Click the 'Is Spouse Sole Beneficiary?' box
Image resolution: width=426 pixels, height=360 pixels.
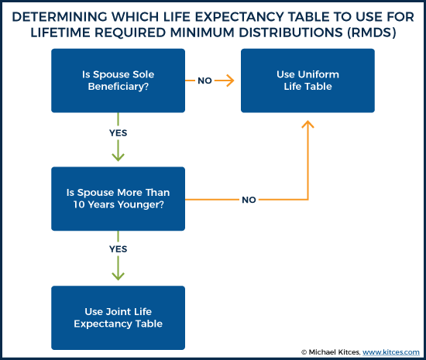[x=119, y=81]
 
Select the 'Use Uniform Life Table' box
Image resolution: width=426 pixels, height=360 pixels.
[x=307, y=81]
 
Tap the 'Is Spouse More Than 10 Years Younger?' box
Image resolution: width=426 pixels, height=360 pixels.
[x=119, y=199]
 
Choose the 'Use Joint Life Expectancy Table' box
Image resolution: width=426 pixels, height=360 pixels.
[x=119, y=317]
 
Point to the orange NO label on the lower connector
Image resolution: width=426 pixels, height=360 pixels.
[x=249, y=199]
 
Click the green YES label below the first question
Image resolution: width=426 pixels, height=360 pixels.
[x=118, y=133]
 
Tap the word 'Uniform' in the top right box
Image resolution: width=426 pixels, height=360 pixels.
[x=316, y=74]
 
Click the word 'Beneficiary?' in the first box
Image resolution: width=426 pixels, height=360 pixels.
[x=118, y=87]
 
